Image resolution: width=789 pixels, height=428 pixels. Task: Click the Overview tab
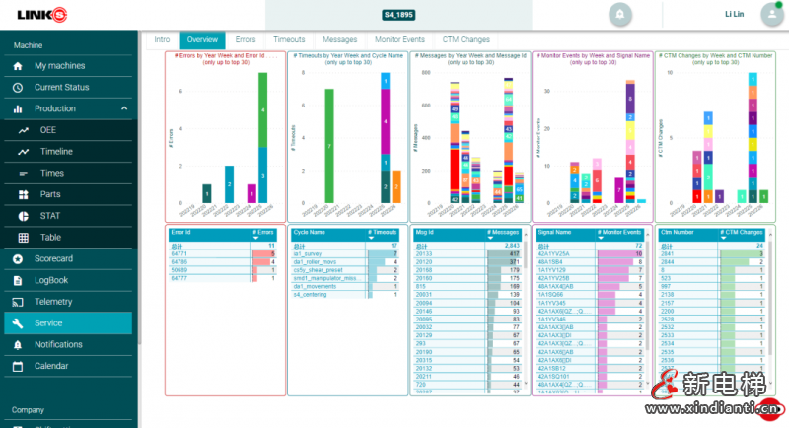(x=202, y=39)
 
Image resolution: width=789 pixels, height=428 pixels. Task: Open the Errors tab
(x=245, y=39)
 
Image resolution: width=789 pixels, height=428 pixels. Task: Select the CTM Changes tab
(x=466, y=39)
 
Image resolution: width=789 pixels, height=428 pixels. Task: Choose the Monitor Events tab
(x=399, y=39)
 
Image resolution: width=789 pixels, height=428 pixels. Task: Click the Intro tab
(x=161, y=39)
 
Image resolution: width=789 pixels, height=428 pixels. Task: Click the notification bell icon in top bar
(x=620, y=15)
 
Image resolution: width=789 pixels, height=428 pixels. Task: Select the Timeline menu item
(x=56, y=152)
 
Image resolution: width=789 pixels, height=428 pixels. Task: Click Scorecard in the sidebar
(x=54, y=258)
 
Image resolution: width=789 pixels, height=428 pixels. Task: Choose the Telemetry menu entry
(x=53, y=302)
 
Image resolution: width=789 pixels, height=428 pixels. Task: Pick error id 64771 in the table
(x=179, y=253)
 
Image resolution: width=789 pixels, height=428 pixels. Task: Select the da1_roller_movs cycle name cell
(x=315, y=261)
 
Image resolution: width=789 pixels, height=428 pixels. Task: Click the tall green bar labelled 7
(x=328, y=144)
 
